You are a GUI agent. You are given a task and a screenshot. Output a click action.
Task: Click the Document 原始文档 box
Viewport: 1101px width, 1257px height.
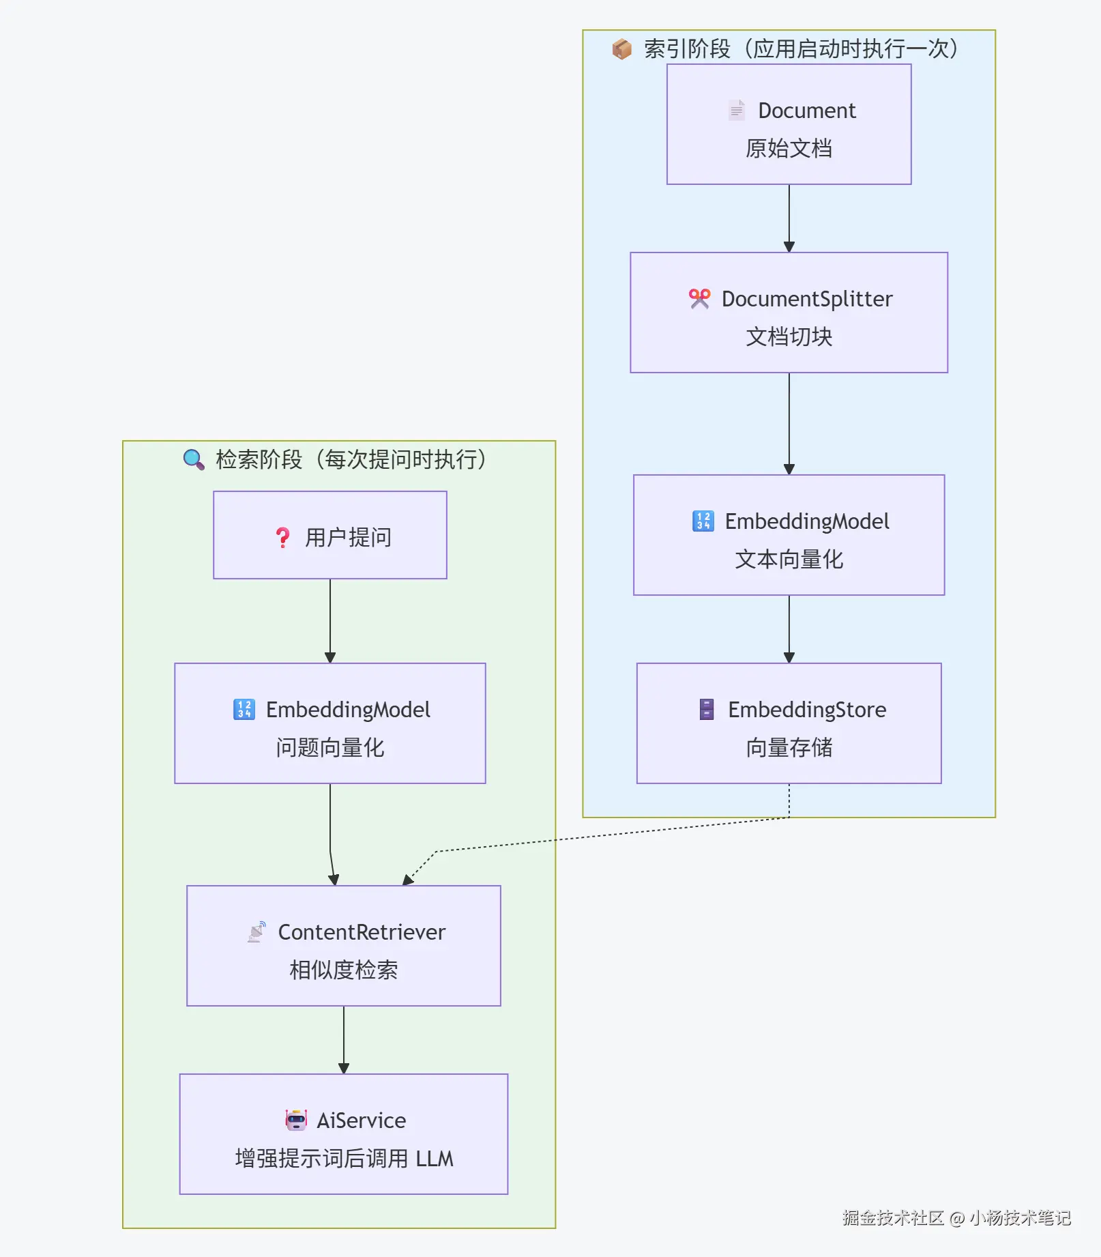[x=789, y=124]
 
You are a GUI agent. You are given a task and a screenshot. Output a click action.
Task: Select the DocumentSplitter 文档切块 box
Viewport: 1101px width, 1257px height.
[x=789, y=313]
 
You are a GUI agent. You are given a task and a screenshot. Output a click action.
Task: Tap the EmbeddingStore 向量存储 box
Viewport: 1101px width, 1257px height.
[x=789, y=723]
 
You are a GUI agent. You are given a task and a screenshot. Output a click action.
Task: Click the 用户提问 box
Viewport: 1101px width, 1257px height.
[x=330, y=535]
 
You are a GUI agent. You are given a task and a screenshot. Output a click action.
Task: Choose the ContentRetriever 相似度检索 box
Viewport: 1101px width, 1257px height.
[x=344, y=946]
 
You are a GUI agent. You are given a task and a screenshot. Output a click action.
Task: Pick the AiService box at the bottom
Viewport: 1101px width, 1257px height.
[x=344, y=1134]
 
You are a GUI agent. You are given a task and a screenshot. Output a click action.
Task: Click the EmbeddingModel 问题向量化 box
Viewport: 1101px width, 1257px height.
[x=330, y=723]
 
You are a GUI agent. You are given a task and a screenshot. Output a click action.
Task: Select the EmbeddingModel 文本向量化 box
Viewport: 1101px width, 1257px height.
[x=789, y=535]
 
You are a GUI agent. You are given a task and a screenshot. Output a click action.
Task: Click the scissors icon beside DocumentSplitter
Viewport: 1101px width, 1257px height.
[x=700, y=299]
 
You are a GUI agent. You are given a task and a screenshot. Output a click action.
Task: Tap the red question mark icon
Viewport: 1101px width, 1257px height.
[x=282, y=538]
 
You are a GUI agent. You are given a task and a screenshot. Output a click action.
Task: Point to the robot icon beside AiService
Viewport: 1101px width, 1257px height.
[x=296, y=1120]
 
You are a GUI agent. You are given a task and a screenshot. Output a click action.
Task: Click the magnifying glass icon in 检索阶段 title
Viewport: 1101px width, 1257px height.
[x=194, y=459]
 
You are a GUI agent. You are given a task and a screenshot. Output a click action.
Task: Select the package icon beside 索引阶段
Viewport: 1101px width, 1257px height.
[x=621, y=48]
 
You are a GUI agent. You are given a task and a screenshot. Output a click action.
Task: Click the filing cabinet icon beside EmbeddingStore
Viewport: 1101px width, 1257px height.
[x=707, y=709]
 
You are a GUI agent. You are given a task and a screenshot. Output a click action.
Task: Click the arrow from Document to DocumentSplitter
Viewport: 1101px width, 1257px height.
[x=789, y=218]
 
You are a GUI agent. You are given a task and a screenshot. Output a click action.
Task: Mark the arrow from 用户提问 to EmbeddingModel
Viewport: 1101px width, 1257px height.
[x=330, y=621]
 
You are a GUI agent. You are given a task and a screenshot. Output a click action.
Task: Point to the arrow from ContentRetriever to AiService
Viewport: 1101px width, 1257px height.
[x=344, y=1040]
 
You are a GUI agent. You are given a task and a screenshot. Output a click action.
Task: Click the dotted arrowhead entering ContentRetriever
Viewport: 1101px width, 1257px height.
[x=408, y=880]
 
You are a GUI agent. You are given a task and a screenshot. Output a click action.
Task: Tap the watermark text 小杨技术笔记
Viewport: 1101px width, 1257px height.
[x=1020, y=1218]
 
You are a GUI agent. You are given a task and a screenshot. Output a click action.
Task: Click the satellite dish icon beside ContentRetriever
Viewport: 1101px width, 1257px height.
[x=257, y=931]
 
